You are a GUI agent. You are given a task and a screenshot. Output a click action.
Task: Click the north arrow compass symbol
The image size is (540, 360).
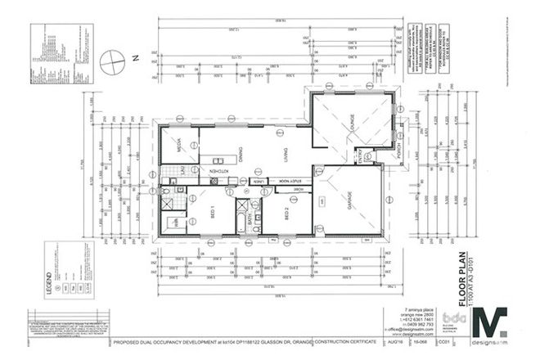[112, 61]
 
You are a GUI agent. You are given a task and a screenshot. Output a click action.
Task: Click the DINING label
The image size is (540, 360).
[241, 153]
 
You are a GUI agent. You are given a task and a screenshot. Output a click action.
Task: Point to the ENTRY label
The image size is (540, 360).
[358, 155]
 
